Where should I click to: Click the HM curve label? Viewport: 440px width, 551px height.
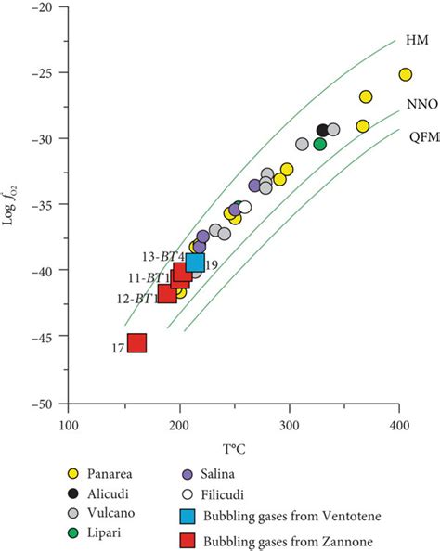(x=415, y=41)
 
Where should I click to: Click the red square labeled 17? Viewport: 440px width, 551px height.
(x=136, y=343)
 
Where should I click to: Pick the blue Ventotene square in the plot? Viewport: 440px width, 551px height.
(x=195, y=263)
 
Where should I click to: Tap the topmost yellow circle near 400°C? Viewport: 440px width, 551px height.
(x=405, y=74)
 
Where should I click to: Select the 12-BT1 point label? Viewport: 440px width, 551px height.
(x=136, y=298)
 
